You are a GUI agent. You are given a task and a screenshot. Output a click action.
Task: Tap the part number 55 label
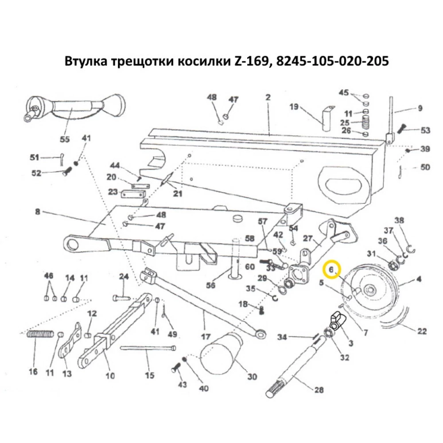[x=65, y=140]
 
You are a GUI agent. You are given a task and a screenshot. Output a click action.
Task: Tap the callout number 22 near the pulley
[x=422, y=330]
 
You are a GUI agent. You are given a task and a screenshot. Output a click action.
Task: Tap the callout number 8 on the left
[x=37, y=212]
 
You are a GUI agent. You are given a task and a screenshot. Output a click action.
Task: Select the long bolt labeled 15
[x=148, y=348]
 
